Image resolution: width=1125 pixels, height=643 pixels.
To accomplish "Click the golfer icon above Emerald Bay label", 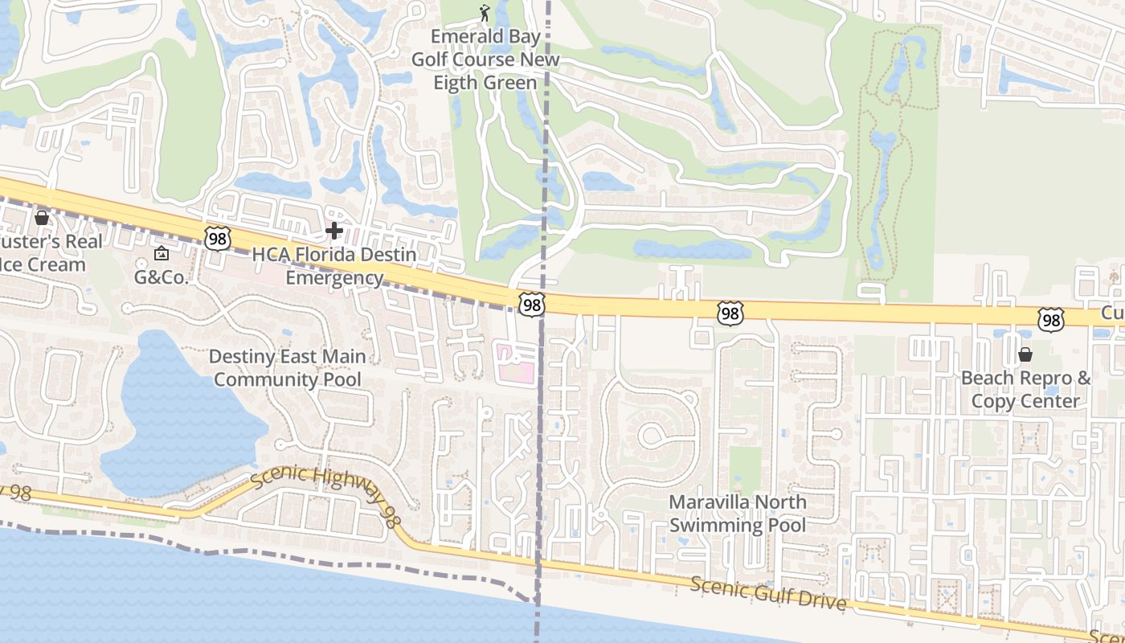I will (x=484, y=12).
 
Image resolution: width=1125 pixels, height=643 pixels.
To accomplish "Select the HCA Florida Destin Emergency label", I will (x=334, y=266).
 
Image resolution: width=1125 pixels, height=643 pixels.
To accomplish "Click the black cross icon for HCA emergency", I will (x=333, y=231).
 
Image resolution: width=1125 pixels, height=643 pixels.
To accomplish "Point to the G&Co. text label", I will (x=161, y=278).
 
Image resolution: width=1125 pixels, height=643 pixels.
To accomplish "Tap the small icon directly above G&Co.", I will (x=161, y=254).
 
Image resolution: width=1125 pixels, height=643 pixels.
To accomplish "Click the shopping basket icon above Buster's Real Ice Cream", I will (x=42, y=218).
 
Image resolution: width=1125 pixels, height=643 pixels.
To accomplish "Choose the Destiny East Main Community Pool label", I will (x=287, y=367).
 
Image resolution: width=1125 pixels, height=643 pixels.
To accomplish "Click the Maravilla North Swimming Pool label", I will (x=738, y=514).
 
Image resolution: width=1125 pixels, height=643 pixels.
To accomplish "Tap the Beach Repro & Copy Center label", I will (x=1026, y=389).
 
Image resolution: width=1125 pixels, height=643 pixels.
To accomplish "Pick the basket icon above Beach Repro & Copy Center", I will (x=1025, y=354).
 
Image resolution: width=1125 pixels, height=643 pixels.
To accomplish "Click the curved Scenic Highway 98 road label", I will (x=325, y=492).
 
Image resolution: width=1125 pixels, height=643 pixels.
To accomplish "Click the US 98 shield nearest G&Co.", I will (x=217, y=238).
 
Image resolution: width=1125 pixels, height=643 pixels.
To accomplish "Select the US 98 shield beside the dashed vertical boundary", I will (x=531, y=304).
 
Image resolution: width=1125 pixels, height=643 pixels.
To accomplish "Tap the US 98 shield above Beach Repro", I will (x=1050, y=319).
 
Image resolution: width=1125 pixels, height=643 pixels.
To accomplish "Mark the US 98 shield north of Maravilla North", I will (x=730, y=313).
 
